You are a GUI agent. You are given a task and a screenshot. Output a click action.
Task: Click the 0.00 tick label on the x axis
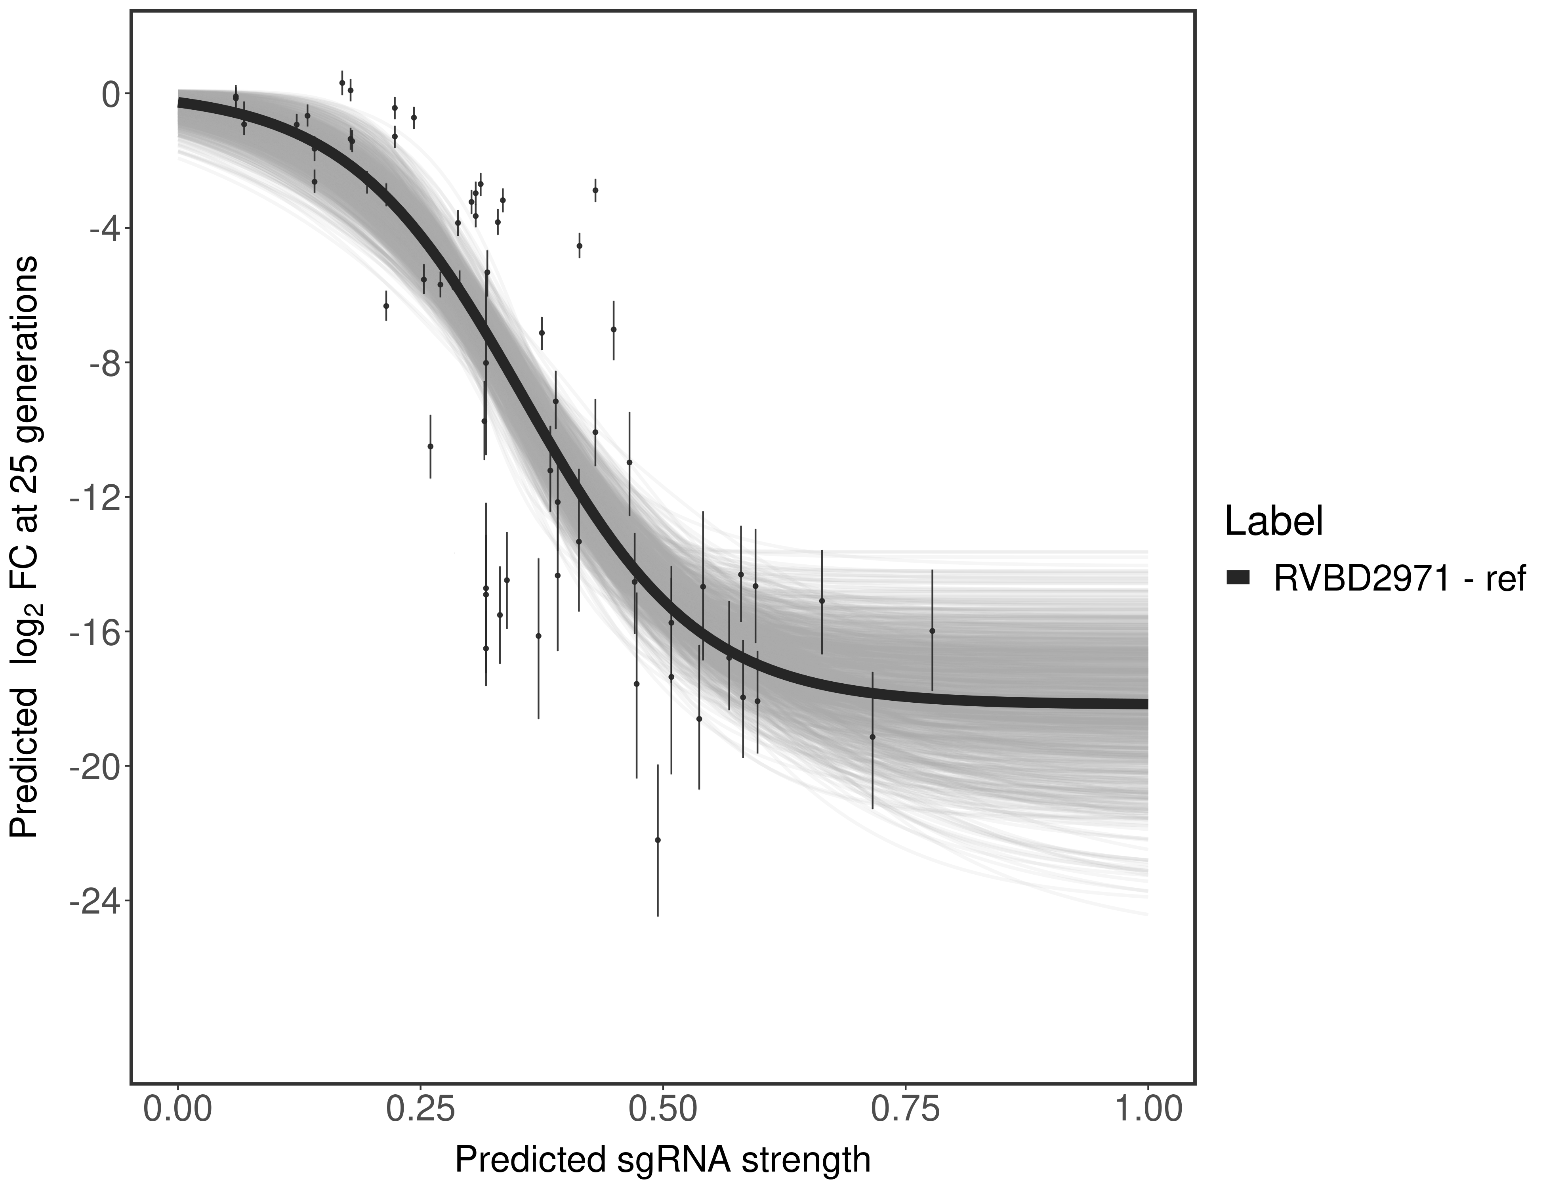(177, 1110)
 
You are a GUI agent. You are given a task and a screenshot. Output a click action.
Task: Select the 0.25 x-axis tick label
(420, 1110)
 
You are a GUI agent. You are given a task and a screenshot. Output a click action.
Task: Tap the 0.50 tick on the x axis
(663, 1110)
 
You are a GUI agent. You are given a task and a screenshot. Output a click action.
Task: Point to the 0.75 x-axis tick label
(906, 1110)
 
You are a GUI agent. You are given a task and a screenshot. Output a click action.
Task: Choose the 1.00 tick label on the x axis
(1147, 1110)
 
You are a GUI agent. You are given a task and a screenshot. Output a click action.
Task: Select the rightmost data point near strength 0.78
(933, 631)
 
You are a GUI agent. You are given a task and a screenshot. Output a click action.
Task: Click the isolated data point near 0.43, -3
(596, 190)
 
